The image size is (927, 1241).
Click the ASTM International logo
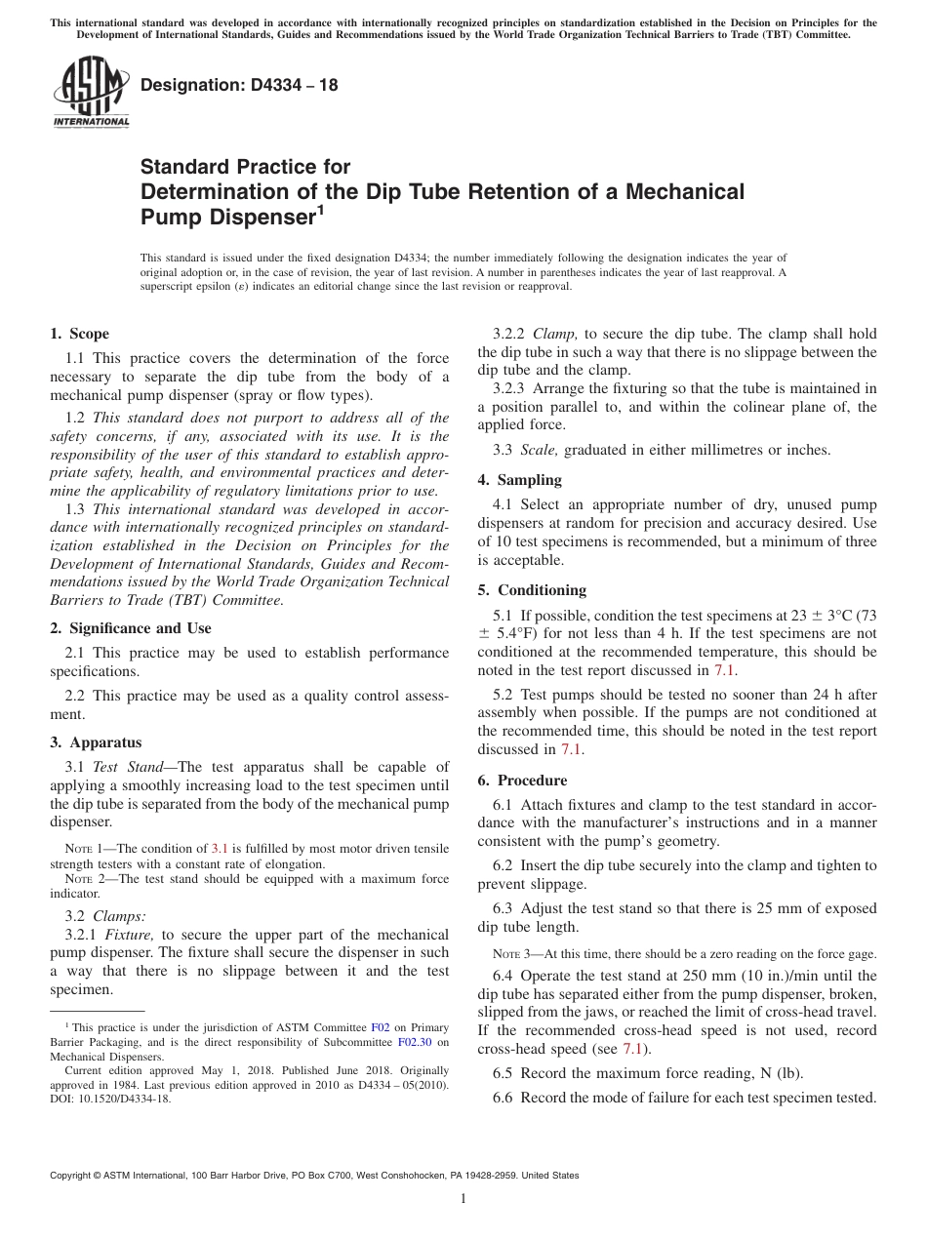click(x=90, y=93)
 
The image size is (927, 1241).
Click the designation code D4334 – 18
click(x=239, y=85)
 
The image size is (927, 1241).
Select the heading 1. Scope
click(x=80, y=334)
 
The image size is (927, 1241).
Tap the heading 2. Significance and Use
click(x=131, y=628)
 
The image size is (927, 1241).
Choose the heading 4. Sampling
click(x=520, y=480)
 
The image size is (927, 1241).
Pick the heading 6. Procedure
click(x=522, y=781)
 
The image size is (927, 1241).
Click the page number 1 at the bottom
click(x=463, y=1199)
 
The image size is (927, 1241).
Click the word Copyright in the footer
click(x=73, y=1176)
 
